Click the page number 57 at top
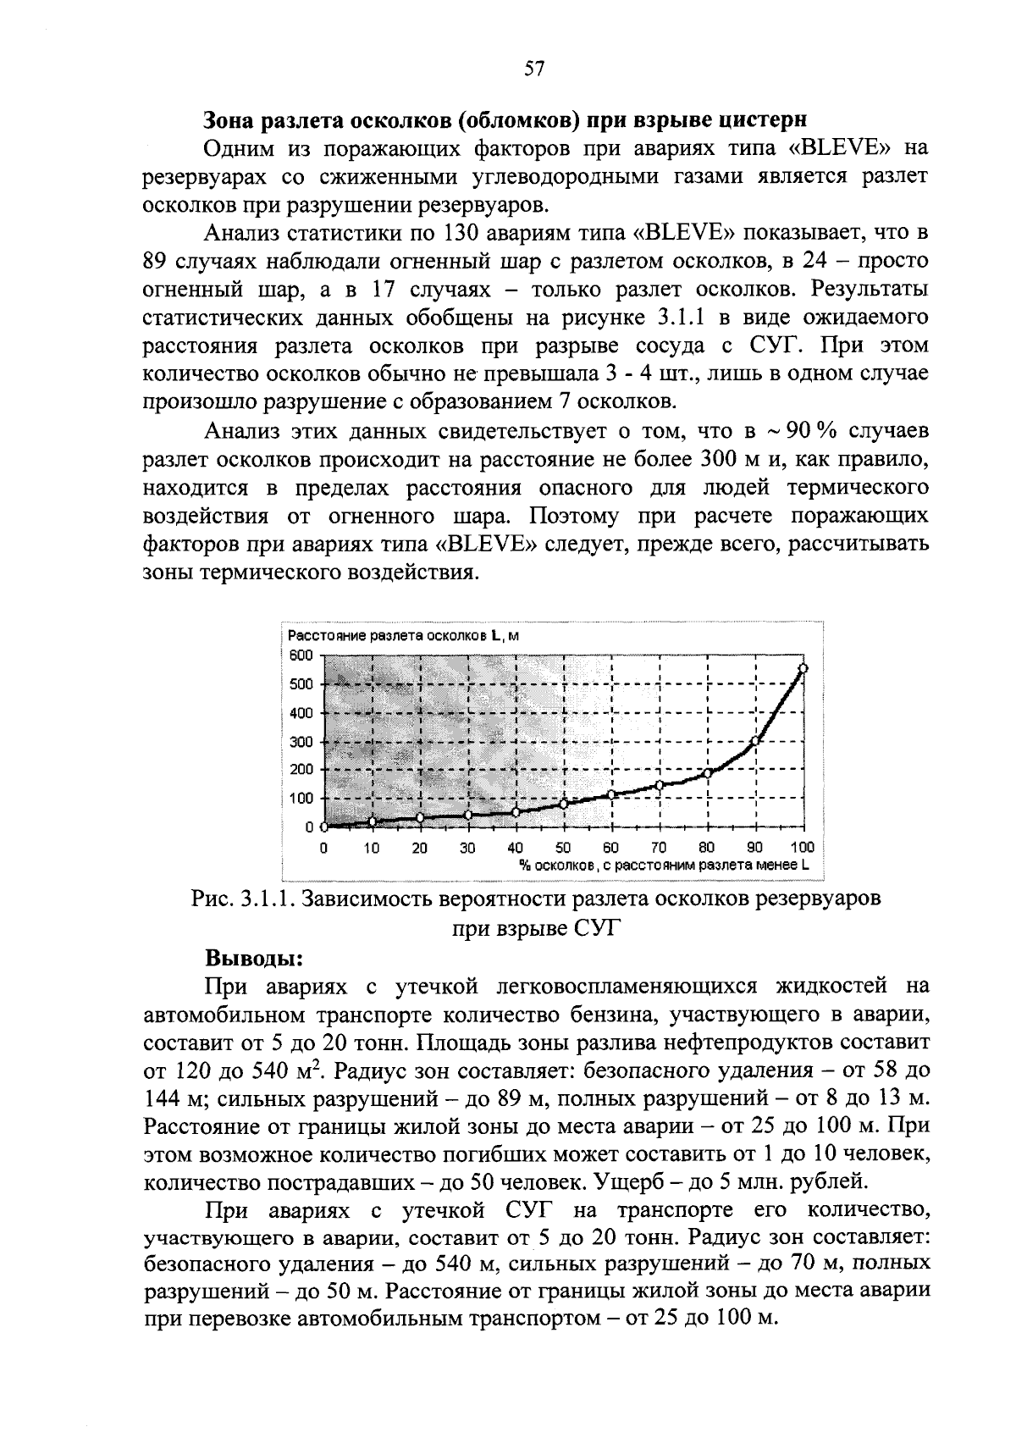point(533,69)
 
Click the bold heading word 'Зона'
point(231,119)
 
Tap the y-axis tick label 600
point(304,655)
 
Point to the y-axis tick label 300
point(304,742)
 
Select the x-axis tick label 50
point(563,847)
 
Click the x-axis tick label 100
point(801,847)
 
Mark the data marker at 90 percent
point(755,741)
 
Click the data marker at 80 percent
point(707,772)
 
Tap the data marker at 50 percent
point(563,803)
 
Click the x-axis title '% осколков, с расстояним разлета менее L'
point(664,866)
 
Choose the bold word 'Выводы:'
point(254,959)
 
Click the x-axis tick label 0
point(323,847)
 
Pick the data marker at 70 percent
point(659,785)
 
